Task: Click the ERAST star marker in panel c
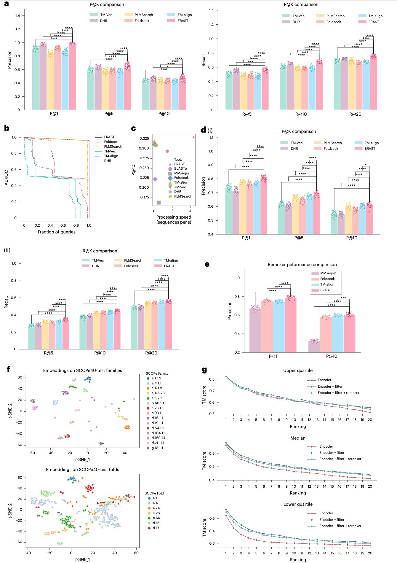click(x=193, y=137)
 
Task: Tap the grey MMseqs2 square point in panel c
click(x=159, y=203)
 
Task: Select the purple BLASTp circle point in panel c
click(x=155, y=179)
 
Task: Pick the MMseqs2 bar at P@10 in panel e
click(x=314, y=346)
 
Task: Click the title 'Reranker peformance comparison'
click(x=302, y=265)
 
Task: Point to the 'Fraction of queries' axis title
click(x=57, y=232)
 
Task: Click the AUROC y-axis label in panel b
click(x=7, y=177)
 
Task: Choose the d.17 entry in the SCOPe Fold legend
click(x=156, y=528)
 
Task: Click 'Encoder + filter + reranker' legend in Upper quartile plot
click(x=338, y=393)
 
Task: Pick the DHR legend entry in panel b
click(x=108, y=161)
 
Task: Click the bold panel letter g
click(x=204, y=370)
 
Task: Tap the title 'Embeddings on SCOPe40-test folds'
click(x=82, y=470)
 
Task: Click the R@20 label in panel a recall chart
click(x=355, y=114)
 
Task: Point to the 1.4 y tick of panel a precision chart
click(x=18, y=16)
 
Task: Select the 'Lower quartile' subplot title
click(x=298, y=504)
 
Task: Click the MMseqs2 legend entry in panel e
click(x=328, y=273)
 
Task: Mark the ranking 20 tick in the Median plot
click(x=370, y=486)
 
